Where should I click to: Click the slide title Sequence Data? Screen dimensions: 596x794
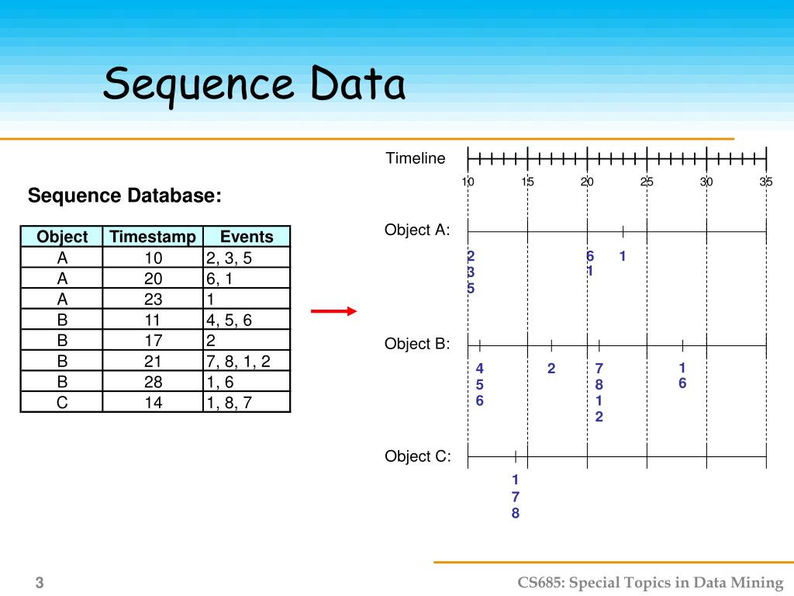click(254, 84)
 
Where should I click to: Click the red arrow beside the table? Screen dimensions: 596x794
click(333, 311)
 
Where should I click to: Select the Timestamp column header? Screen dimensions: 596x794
click(153, 237)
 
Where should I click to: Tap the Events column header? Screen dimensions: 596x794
click(247, 237)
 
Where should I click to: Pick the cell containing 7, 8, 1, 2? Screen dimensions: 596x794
click(247, 361)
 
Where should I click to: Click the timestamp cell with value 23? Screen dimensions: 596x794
click(153, 299)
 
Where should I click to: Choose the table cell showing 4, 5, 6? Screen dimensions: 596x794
click(247, 320)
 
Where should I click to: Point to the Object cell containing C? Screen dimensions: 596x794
click(62, 402)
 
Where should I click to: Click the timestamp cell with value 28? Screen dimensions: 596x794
click(153, 382)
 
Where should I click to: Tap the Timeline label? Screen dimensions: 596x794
click(416, 158)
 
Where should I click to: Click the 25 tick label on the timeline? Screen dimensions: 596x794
click(647, 182)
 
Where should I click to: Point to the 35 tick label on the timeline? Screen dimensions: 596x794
click(766, 182)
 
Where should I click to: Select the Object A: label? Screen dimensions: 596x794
click(417, 230)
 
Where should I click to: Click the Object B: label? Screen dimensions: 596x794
click(417, 344)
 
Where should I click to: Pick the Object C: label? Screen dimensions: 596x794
click(417, 456)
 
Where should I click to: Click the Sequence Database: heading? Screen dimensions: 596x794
click(124, 196)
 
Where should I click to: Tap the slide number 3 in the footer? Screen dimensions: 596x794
click(39, 583)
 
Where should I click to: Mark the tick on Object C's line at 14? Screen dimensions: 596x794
click(516, 456)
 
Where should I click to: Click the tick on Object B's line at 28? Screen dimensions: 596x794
click(682, 345)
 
